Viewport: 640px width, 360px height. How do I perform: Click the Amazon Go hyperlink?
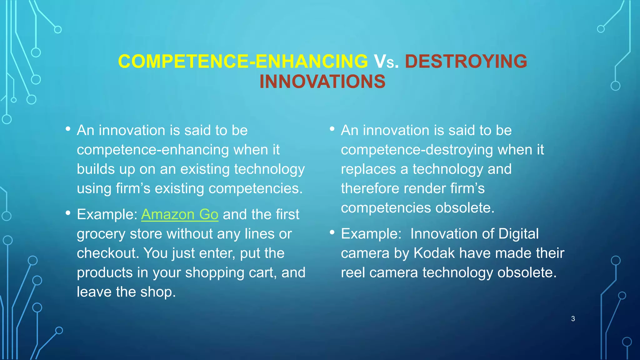point(180,214)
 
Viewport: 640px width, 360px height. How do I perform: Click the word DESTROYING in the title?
point(466,61)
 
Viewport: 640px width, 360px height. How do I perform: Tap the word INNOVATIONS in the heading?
point(322,82)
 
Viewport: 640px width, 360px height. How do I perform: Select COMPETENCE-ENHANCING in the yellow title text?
point(243,61)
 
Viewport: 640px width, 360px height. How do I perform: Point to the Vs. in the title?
point(386,62)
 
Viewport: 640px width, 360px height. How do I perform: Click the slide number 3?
point(573,319)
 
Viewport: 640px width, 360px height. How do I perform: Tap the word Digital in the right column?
point(518,234)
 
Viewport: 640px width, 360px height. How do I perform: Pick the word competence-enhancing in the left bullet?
point(153,150)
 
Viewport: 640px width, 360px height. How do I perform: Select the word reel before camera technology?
point(353,272)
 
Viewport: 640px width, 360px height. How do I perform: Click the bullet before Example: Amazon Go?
point(68,213)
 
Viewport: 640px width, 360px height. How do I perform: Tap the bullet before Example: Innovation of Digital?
point(332,232)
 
